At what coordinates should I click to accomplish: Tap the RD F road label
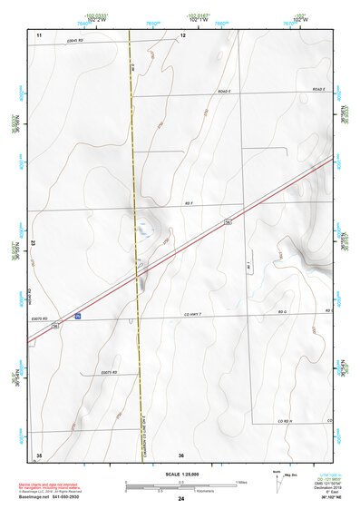coord(189,205)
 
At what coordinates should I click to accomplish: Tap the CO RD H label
coord(287,422)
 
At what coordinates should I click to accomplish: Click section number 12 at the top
coord(182,34)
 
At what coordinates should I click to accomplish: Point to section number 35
coord(39,454)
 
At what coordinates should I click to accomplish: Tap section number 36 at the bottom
coord(181,454)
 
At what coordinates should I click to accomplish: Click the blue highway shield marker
coord(78,317)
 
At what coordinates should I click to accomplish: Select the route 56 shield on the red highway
coord(228,221)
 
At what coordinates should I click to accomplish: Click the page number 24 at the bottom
coord(181,500)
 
